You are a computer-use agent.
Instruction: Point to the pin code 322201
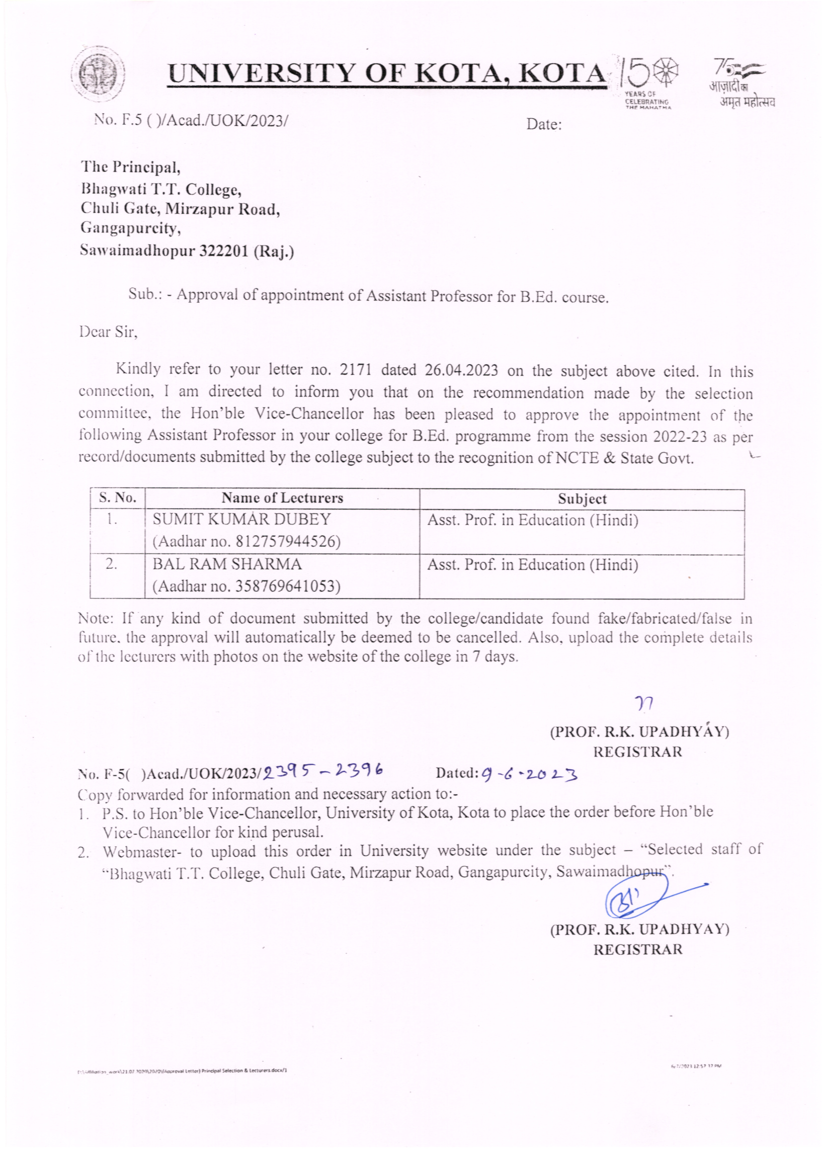pos(222,251)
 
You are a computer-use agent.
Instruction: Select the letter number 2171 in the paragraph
pos(355,370)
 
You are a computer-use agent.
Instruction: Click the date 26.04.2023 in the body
pos(461,370)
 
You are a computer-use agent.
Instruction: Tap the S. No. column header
pos(117,498)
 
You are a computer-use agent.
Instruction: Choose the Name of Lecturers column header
pos(282,498)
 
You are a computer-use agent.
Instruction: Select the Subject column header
pos(581,499)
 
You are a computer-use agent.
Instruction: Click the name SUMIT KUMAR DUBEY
pos(242,519)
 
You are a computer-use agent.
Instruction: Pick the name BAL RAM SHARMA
pos(227,564)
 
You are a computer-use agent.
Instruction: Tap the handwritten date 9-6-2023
pos(529,773)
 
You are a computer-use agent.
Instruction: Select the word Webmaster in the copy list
pos(141,852)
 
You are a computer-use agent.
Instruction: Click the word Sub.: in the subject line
pos(145,294)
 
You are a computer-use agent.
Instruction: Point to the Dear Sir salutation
pos(108,332)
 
